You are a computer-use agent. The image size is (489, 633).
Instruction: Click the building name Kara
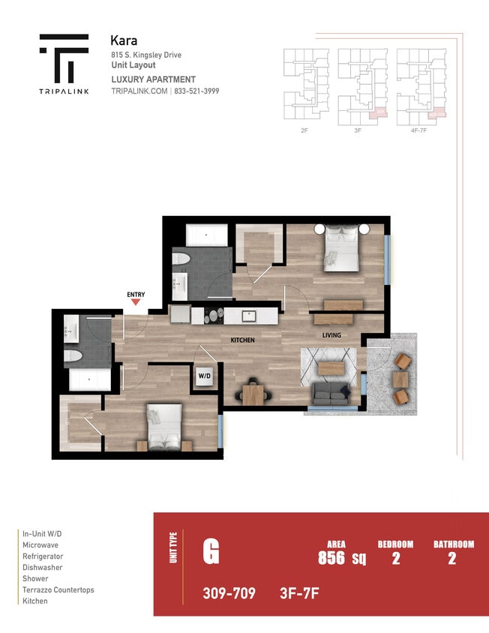click(x=123, y=40)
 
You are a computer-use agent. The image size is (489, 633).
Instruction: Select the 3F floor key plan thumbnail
click(x=362, y=84)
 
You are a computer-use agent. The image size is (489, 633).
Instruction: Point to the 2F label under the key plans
click(x=304, y=130)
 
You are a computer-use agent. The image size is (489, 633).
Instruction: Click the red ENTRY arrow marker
click(x=136, y=301)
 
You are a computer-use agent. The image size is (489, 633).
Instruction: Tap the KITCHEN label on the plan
click(x=242, y=340)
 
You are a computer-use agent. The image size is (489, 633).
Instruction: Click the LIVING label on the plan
click(x=332, y=335)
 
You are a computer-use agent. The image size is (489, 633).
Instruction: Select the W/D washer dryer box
click(x=205, y=375)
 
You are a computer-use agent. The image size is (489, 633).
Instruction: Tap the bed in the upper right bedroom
click(x=341, y=250)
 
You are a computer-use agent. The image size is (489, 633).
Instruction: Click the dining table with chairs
click(x=253, y=391)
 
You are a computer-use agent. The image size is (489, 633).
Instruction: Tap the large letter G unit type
click(x=211, y=553)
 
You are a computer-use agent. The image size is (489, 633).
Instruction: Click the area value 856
click(x=331, y=557)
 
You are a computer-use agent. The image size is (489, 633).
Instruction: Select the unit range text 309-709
click(x=229, y=594)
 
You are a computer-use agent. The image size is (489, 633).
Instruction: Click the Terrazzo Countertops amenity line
click(x=58, y=589)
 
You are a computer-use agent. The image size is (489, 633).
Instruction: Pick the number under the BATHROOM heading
click(x=451, y=557)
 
